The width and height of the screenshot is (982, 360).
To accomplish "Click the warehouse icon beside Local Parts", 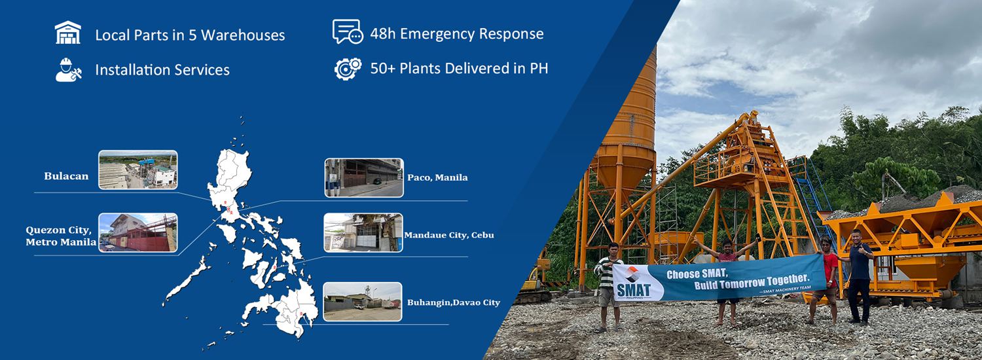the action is pyautogui.click(x=68, y=33).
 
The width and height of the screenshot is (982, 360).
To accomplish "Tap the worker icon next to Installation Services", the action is pyautogui.click(x=68, y=70).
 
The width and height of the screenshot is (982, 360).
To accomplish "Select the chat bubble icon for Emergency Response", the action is pyautogui.click(x=348, y=31).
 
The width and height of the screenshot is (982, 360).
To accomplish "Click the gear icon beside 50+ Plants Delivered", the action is pyautogui.click(x=348, y=69).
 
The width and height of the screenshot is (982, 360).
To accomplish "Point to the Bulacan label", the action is pyautogui.click(x=66, y=176).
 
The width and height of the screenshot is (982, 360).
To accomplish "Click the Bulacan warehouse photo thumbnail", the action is pyautogui.click(x=138, y=170).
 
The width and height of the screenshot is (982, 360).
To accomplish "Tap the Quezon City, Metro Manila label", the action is pyautogui.click(x=61, y=236).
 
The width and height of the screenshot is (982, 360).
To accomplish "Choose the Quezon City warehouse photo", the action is pyautogui.click(x=138, y=232).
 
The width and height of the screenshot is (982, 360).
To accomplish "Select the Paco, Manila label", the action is pyautogui.click(x=437, y=177).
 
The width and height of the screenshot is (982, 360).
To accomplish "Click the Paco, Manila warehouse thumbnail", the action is pyautogui.click(x=364, y=177).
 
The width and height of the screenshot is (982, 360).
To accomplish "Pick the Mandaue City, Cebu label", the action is pyautogui.click(x=449, y=235).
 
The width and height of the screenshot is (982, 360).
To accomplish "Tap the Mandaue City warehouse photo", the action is pyautogui.click(x=363, y=232).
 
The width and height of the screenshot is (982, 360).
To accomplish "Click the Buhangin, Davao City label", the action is pyautogui.click(x=454, y=302).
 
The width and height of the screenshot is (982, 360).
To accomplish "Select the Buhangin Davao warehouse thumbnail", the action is pyautogui.click(x=363, y=302).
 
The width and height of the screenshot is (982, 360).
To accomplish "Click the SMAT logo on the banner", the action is pyautogui.click(x=633, y=283).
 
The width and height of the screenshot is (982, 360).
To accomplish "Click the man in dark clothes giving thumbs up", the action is pyautogui.click(x=859, y=277).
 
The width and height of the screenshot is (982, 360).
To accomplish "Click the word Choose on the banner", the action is pyautogui.click(x=683, y=275).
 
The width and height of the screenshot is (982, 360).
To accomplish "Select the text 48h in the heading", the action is pyautogui.click(x=383, y=34).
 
